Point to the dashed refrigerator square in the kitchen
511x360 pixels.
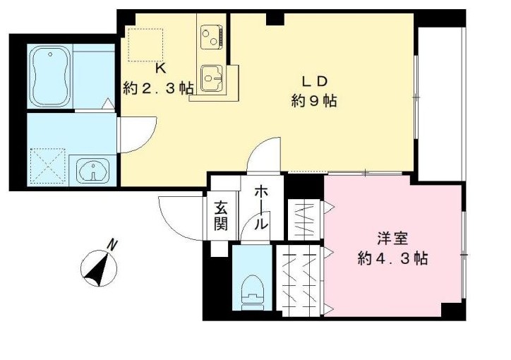pos(145,44)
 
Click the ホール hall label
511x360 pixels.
pos(260,206)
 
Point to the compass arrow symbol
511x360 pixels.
pos(95,270)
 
